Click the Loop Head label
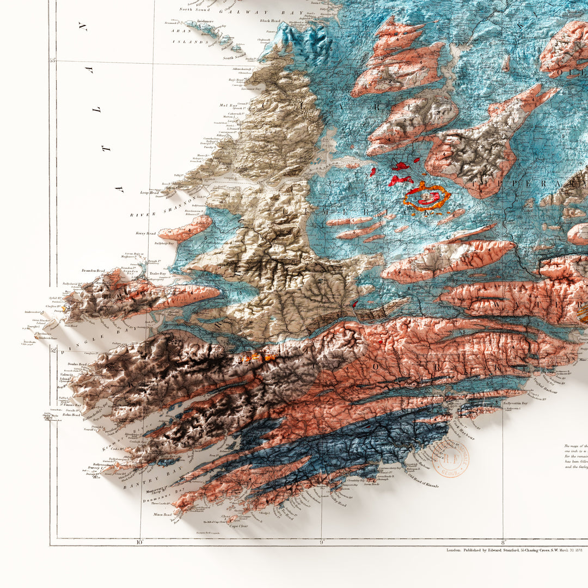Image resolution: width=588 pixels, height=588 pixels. (x=149, y=193)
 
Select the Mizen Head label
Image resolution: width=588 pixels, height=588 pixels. (x=162, y=514)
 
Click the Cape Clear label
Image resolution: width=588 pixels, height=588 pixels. (x=238, y=525)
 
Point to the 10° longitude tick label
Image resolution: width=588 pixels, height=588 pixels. (x=139, y=542)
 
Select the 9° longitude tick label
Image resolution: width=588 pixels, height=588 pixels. (x=321, y=542)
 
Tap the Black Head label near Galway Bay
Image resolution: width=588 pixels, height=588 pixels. (x=269, y=21)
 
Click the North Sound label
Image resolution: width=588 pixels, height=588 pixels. (x=194, y=9)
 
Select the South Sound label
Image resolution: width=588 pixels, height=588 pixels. (x=234, y=57)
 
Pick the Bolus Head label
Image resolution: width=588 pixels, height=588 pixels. (x=71, y=415)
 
